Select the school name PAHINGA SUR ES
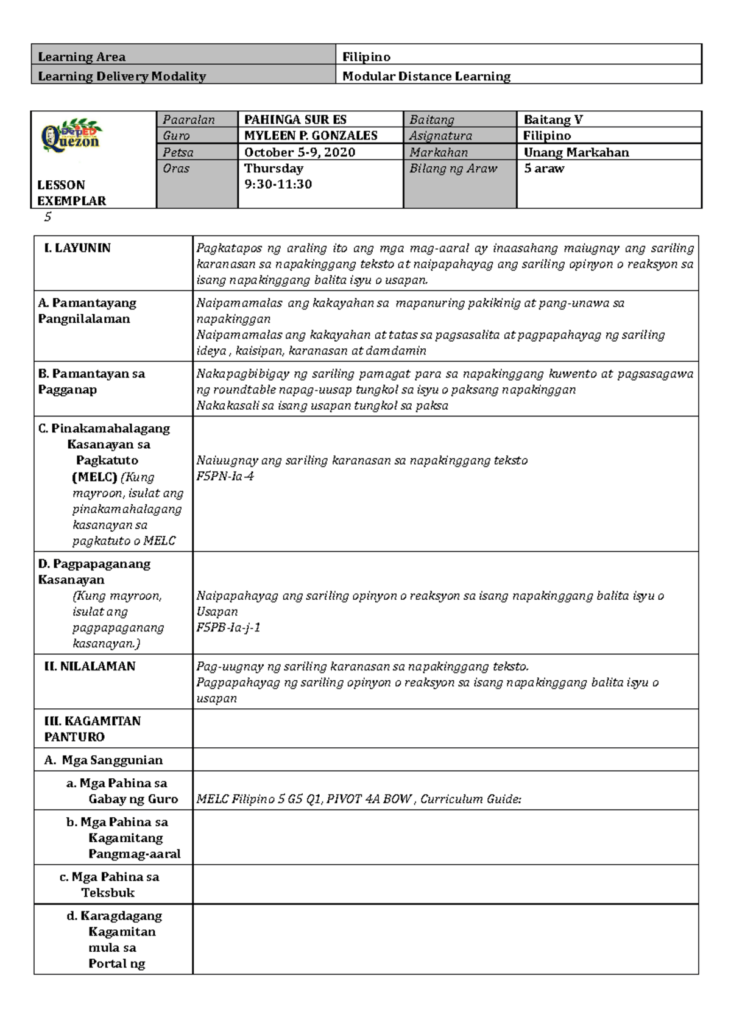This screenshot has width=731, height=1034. (295, 119)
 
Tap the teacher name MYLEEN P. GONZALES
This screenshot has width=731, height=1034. (311, 136)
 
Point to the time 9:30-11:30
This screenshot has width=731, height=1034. (278, 184)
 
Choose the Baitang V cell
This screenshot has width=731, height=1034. (553, 119)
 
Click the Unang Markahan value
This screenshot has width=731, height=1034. (576, 152)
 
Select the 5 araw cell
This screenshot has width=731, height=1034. (544, 169)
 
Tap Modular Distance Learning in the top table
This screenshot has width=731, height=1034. (426, 76)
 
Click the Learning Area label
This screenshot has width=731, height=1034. (82, 57)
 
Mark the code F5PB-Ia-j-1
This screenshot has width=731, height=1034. (228, 627)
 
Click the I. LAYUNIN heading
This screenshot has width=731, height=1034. (77, 248)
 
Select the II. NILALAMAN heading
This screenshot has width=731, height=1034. (90, 666)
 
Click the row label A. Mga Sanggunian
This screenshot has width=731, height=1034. (103, 760)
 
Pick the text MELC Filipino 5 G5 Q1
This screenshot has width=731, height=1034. (258, 799)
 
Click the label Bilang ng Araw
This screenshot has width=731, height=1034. (453, 169)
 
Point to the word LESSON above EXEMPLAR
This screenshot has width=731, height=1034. (61, 185)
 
